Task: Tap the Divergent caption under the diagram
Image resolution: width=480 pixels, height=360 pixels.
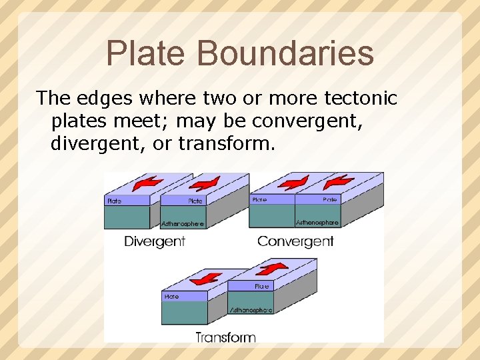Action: (155, 241)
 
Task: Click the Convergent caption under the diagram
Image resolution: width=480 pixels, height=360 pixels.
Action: (295, 241)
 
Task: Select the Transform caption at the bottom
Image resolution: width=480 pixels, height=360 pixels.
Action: (225, 337)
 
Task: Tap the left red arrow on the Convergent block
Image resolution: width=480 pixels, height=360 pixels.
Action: (293, 181)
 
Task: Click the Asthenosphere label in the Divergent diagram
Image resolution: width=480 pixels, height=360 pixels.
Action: (183, 223)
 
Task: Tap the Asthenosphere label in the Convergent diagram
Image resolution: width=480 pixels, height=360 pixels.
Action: (317, 222)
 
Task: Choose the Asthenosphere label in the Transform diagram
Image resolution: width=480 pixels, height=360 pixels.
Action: (251, 310)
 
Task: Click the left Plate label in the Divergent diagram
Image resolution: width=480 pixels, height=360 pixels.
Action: (115, 201)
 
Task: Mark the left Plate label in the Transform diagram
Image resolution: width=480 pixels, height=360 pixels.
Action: (171, 296)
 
